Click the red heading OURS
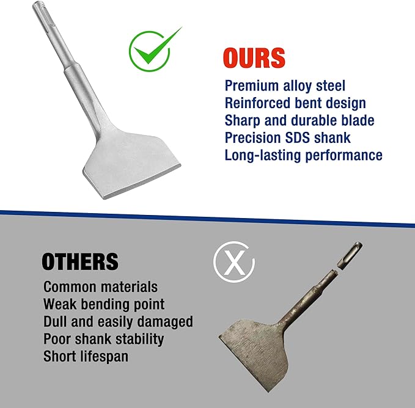coord(254,57)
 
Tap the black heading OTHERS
coord(79,262)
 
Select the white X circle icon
coord(233,264)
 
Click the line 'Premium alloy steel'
coord(285,86)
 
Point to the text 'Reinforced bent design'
coord(295,103)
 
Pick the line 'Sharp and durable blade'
coord(299,120)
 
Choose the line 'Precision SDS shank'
coord(288,138)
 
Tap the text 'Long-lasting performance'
coord(303,155)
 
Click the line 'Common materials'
coord(100,286)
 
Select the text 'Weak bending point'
coord(104,304)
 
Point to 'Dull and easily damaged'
coord(118,321)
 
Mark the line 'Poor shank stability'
coord(103,338)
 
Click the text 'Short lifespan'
coord(86,356)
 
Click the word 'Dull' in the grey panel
coord(56,321)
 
